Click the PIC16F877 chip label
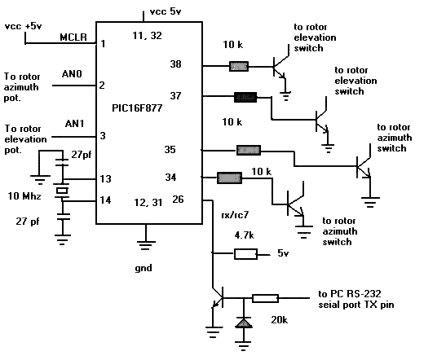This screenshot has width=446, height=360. tap(137, 108)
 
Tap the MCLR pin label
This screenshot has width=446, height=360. tap(73, 37)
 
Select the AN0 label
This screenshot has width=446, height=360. tap(72, 74)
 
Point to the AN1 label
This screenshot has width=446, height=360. tap(74, 123)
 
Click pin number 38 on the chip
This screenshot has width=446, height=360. tap(175, 64)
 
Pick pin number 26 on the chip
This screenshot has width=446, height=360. tap(178, 200)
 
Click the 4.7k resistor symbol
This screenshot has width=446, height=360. tap(245, 254)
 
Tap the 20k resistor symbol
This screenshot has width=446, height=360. tap(265, 298)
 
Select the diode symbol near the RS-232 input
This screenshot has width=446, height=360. tap(244, 323)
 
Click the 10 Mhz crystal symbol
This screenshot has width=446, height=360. tap(62, 191)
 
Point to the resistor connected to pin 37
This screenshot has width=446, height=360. tap(245, 97)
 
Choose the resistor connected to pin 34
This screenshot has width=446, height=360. tap(229, 178)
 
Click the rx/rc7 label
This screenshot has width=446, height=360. tap(235, 215)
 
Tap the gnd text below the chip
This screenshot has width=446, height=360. tap(144, 268)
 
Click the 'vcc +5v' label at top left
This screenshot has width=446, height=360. tap(24, 26)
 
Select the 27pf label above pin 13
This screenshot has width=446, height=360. tap(82, 155)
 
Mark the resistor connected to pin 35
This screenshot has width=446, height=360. tap(249, 150)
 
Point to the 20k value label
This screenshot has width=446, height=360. tap(279, 320)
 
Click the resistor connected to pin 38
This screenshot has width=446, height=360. tap(239, 67)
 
